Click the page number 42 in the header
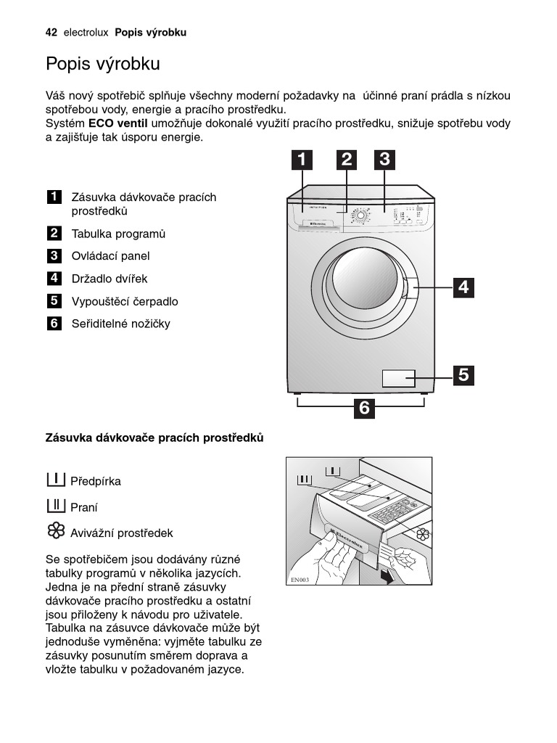51,33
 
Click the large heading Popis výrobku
102,64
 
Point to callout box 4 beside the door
463,287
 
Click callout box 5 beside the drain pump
463,375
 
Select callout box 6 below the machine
364,409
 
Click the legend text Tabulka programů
118,234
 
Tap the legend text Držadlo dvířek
109,279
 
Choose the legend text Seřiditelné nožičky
120,324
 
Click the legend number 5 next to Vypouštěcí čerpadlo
54,301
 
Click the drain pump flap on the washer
398,378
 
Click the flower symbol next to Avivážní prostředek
56,532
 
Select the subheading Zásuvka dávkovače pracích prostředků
154,438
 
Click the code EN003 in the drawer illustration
300,580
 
